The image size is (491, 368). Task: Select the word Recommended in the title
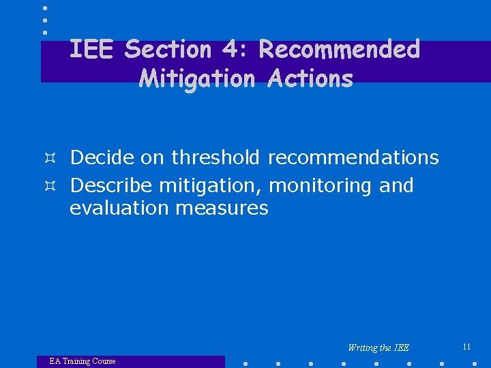point(339,49)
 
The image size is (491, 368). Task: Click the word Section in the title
point(168,49)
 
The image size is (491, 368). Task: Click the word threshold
point(215,157)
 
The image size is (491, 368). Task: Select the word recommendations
point(353,157)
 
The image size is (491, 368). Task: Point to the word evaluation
point(119,208)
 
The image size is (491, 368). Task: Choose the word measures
point(222,208)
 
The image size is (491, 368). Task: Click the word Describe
point(111,185)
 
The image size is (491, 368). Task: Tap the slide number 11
point(466,347)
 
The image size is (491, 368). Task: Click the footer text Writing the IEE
point(378,348)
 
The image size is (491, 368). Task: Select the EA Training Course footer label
point(83,361)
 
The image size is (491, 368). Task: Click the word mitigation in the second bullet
point(211,186)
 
